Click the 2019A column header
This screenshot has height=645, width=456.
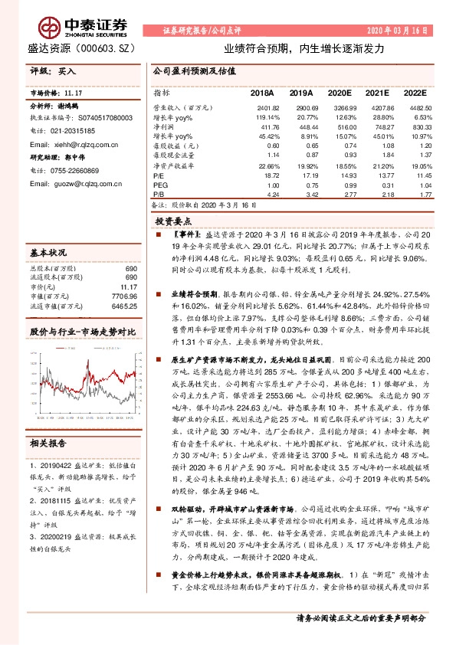tap(302, 92)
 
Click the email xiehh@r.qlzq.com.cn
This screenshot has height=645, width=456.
tap(80, 144)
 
